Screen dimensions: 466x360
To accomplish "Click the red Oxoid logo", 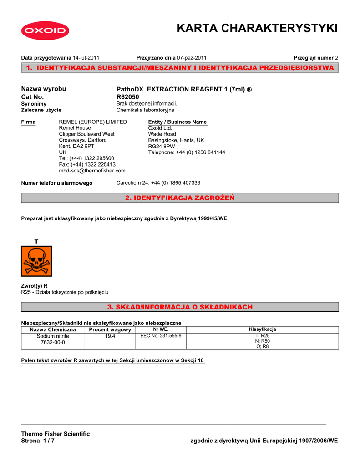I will (x=44, y=31).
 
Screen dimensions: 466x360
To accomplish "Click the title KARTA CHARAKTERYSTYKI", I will (x=257, y=29).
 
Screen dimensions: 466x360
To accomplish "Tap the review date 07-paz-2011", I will (x=192, y=58).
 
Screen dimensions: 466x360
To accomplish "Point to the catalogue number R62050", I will (x=128, y=97).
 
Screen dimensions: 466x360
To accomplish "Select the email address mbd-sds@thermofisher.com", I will (x=92, y=171).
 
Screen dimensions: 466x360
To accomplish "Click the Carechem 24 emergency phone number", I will (x=158, y=182).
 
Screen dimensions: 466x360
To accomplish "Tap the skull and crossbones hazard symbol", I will (x=36, y=261).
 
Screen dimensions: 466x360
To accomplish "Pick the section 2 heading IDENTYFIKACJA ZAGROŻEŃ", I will (x=180, y=198).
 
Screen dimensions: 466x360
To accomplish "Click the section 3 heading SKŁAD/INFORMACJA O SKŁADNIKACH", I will (x=180, y=307).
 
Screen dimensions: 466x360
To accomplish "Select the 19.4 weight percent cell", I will (x=110, y=336).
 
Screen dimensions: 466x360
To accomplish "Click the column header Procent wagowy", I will (x=110, y=329).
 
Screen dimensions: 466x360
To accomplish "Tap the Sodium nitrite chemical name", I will (x=53, y=336).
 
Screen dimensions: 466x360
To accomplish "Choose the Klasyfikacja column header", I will (x=262, y=329).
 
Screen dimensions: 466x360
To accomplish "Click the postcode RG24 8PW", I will (x=162, y=147).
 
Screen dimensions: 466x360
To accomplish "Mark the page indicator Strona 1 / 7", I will (x=38, y=441).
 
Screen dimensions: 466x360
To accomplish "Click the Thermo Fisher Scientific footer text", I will (x=56, y=434).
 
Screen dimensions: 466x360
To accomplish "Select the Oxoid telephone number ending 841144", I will (x=187, y=152).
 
